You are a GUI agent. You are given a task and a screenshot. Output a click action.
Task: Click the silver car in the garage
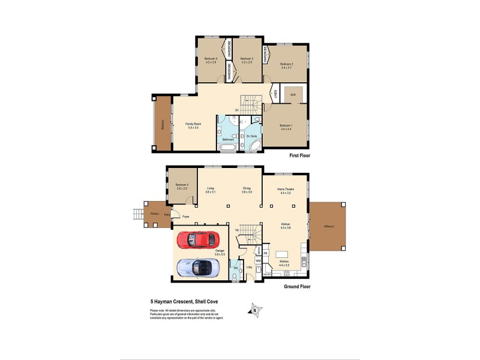[199, 268]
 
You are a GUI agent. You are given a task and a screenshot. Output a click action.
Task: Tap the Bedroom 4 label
[211, 58]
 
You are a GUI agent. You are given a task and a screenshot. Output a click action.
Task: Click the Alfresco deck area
[328, 227]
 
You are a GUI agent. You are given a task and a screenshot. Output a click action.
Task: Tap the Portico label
[155, 213]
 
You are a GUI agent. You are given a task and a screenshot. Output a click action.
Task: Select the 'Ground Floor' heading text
[296, 287]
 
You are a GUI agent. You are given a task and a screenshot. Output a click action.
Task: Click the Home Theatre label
[284, 190]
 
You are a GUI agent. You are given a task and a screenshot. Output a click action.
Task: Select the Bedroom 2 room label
[286, 64]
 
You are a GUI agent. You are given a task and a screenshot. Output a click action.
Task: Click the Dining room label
[246, 188]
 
